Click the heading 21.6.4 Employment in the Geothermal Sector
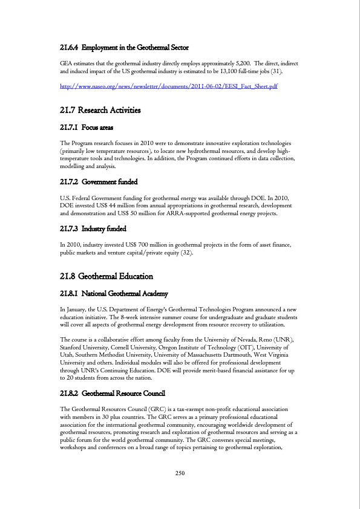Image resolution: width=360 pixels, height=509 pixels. (125, 47)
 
